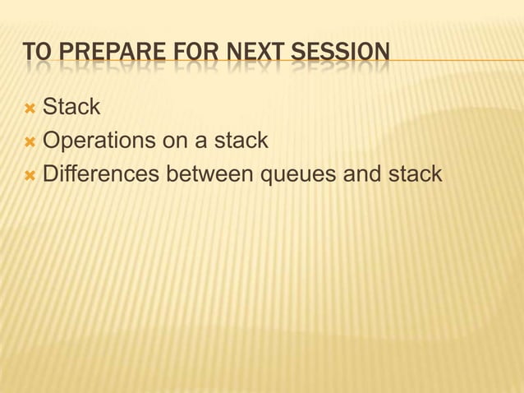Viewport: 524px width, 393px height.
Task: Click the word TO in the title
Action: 35,53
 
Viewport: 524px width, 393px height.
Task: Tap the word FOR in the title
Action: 191,53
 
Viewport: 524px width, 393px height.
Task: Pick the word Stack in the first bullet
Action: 71,106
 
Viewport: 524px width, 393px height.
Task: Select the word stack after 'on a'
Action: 241,141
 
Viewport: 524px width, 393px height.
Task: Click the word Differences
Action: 101,175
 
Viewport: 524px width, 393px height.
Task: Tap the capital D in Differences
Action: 51,175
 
